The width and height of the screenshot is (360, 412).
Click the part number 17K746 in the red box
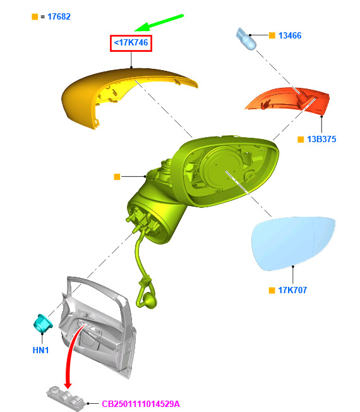coord(131,42)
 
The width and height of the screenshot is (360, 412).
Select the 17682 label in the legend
coord(59,17)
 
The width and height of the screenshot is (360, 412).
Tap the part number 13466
coord(290,35)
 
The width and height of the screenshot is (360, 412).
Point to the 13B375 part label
coord(321,139)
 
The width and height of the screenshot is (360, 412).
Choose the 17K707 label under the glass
coord(292,290)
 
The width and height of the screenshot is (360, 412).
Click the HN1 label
coord(40,350)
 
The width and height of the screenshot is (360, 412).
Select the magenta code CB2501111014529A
coord(141,404)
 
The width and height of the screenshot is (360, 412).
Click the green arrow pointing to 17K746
coord(159,23)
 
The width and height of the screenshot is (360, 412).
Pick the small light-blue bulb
coord(246,39)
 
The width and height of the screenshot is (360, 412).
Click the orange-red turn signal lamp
coord(288,100)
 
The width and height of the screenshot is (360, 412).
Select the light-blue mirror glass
coord(293,243)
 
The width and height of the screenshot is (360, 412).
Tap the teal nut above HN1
coord(43,324)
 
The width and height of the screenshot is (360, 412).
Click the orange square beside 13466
coord(272,35)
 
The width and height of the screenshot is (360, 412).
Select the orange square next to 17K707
coord(272,290)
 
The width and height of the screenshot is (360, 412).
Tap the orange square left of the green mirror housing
coord(117,176)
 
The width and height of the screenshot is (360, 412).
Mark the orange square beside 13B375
coord(301,139)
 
